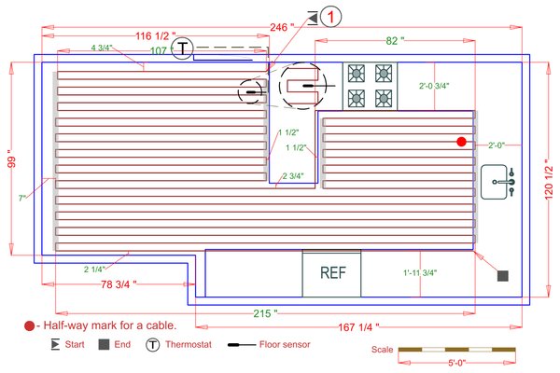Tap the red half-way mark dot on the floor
(461, 141)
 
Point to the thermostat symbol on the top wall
(186, 48)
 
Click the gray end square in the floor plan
(502, 276)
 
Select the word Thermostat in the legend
(189, 345)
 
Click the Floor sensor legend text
(284, 345)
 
